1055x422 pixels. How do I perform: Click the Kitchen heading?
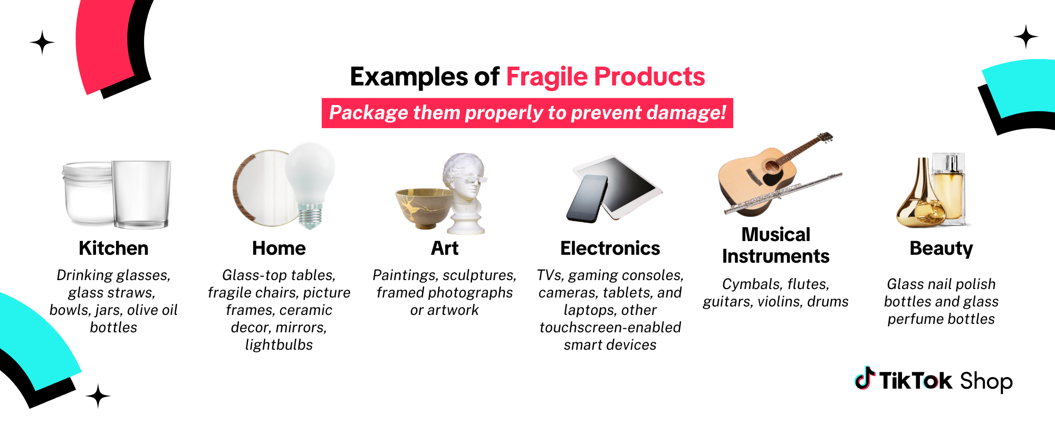(x=113, y=248)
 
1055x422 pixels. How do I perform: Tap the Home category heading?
(x=279, y=248)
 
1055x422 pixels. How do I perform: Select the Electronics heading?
(x=610, y=248)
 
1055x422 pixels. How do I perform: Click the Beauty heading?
(x=941, y=248)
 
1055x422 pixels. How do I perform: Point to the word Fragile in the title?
(x=547, y=77)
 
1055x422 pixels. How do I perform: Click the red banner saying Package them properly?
(x=527, y=113)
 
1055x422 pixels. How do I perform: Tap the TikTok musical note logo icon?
(x=865, y=378)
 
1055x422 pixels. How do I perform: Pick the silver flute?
(x=783, y=194)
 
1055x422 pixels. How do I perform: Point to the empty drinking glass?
(x=141, y=194)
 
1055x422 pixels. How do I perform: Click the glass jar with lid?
(x=88, y=194)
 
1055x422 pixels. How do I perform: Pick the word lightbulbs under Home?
(x=279, y=345)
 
